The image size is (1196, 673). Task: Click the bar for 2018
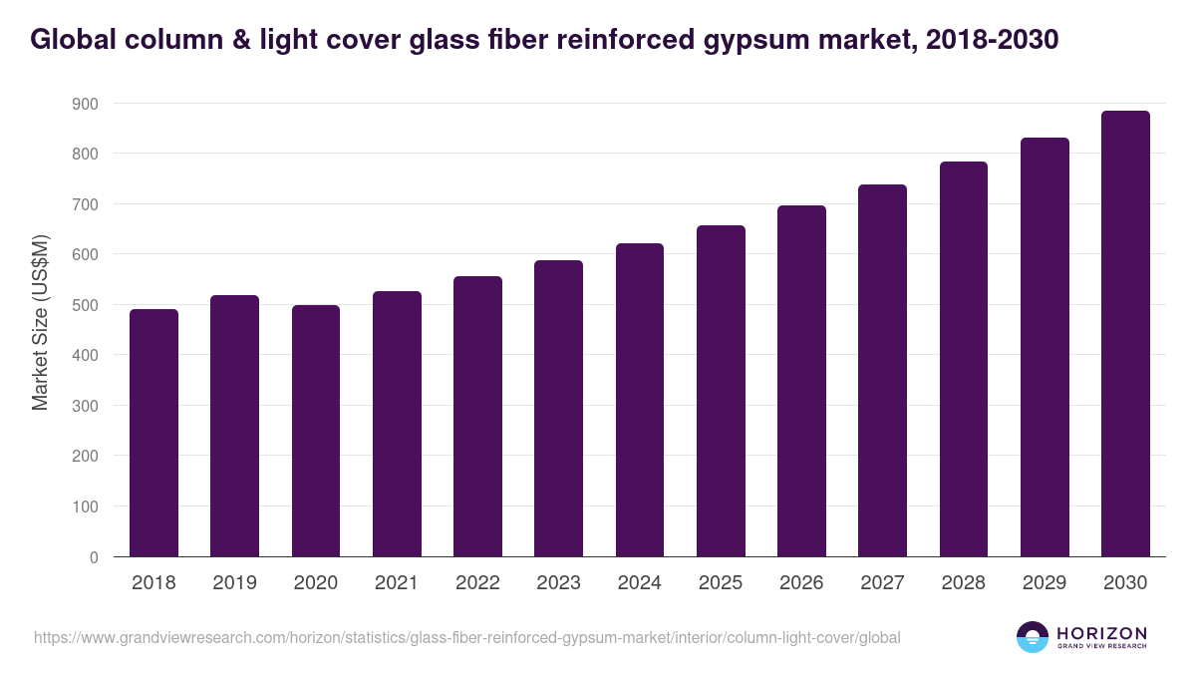(153, 433)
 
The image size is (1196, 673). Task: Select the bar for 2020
(316, 431)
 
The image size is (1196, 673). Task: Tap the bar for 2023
(558, 409)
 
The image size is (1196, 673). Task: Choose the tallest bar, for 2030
(1125, 334)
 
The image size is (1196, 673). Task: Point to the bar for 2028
(964, 359)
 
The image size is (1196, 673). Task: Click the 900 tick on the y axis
(86, 104)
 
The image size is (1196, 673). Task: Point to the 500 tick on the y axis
(86, 305)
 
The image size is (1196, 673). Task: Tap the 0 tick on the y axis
(94, 557)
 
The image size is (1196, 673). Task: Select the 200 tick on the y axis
(86, 457)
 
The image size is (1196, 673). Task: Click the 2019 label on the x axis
(234, 583)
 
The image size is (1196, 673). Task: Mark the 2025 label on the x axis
(721, 583)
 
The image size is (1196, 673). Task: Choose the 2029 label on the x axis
(1045, 583)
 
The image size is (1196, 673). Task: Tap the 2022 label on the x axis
(477, 583)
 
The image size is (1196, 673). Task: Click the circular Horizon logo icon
(1033, 637)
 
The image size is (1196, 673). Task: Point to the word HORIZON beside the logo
(1101, 633)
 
